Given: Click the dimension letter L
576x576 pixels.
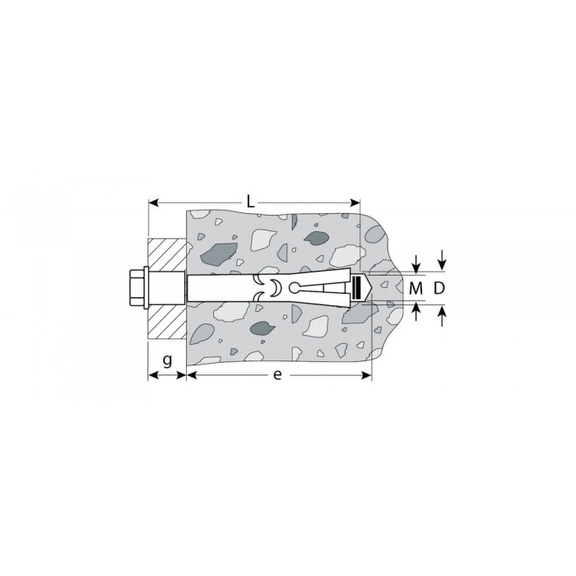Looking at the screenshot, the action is click(x=250, y=202).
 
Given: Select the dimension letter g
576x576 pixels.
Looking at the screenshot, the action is click(x=167, y=360).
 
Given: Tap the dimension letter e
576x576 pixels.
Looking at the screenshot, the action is click(x=278, y=374).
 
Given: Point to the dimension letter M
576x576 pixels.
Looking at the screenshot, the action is click(x=416, y=289).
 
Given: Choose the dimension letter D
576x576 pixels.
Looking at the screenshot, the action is click(x=439, y=289).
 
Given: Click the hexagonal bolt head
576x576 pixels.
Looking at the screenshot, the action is click(x=137, y=289).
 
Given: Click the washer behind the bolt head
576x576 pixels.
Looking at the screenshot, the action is click(x=146, y=289).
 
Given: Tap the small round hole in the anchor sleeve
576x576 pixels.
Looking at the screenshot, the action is click(x=295, y=288).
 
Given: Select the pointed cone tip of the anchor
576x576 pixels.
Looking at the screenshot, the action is click(x=367, y=288).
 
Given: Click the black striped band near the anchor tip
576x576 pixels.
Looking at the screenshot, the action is click(x=355, y=288).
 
